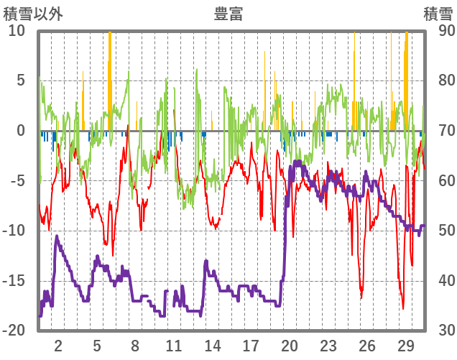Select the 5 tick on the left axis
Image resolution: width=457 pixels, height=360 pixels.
click(21, 80)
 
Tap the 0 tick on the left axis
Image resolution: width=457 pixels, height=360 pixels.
click(21, 131)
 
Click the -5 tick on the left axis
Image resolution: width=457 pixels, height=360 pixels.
click(17, 180)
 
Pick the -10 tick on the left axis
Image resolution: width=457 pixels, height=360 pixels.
click(14, 231)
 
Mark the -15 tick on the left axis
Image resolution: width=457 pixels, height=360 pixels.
click(14, 280)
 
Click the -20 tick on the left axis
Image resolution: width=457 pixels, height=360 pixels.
click(14, 331)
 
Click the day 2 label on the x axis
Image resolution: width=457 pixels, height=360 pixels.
click(58, 345)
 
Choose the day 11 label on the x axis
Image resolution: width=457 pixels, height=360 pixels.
click(174, 345)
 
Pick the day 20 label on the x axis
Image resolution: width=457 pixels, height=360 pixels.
click(290, 345)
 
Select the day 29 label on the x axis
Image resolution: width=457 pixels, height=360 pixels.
click(405, 345)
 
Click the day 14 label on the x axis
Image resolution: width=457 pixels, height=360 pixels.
click(213, 345)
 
